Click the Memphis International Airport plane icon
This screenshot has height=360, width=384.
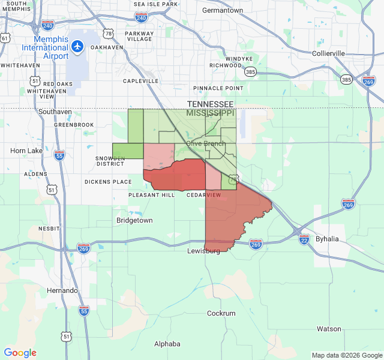(77, 46)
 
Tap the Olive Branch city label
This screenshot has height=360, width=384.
(206, 143)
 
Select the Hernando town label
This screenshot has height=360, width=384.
(62, 290)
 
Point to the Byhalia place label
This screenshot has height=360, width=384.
(327, 239)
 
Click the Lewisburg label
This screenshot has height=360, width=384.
(203, 251)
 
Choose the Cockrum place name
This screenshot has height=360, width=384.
(221, 313)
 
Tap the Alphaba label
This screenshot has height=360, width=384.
(167, 344)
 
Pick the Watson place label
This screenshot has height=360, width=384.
(329, 329)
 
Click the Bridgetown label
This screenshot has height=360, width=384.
(134, 220)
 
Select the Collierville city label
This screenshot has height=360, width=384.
(328, 53)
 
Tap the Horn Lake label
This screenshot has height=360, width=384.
(27, 151)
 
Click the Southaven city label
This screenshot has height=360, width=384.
(55, 112)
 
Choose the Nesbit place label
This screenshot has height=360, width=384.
(49, 229)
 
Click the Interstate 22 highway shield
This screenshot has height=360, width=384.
(304, 239)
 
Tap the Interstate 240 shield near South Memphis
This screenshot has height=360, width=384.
(47, 25)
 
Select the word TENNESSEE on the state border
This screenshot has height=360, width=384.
(209, 104)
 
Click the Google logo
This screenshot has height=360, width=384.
(20, 353)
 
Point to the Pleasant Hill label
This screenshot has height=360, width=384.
(151, 195)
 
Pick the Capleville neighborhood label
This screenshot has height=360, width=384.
(141, 80)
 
